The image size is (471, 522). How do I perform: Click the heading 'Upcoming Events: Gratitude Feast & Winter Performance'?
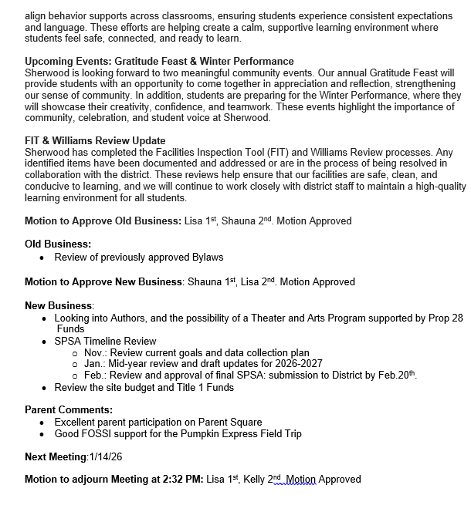point(159,61)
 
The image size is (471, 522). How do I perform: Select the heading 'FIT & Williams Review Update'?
point(95,140)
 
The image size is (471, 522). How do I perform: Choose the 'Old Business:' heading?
point(58,244)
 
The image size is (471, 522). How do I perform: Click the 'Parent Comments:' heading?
point(69,409)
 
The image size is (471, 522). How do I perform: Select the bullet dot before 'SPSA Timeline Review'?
point(44,342)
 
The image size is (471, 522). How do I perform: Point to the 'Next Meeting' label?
point(56,456)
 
